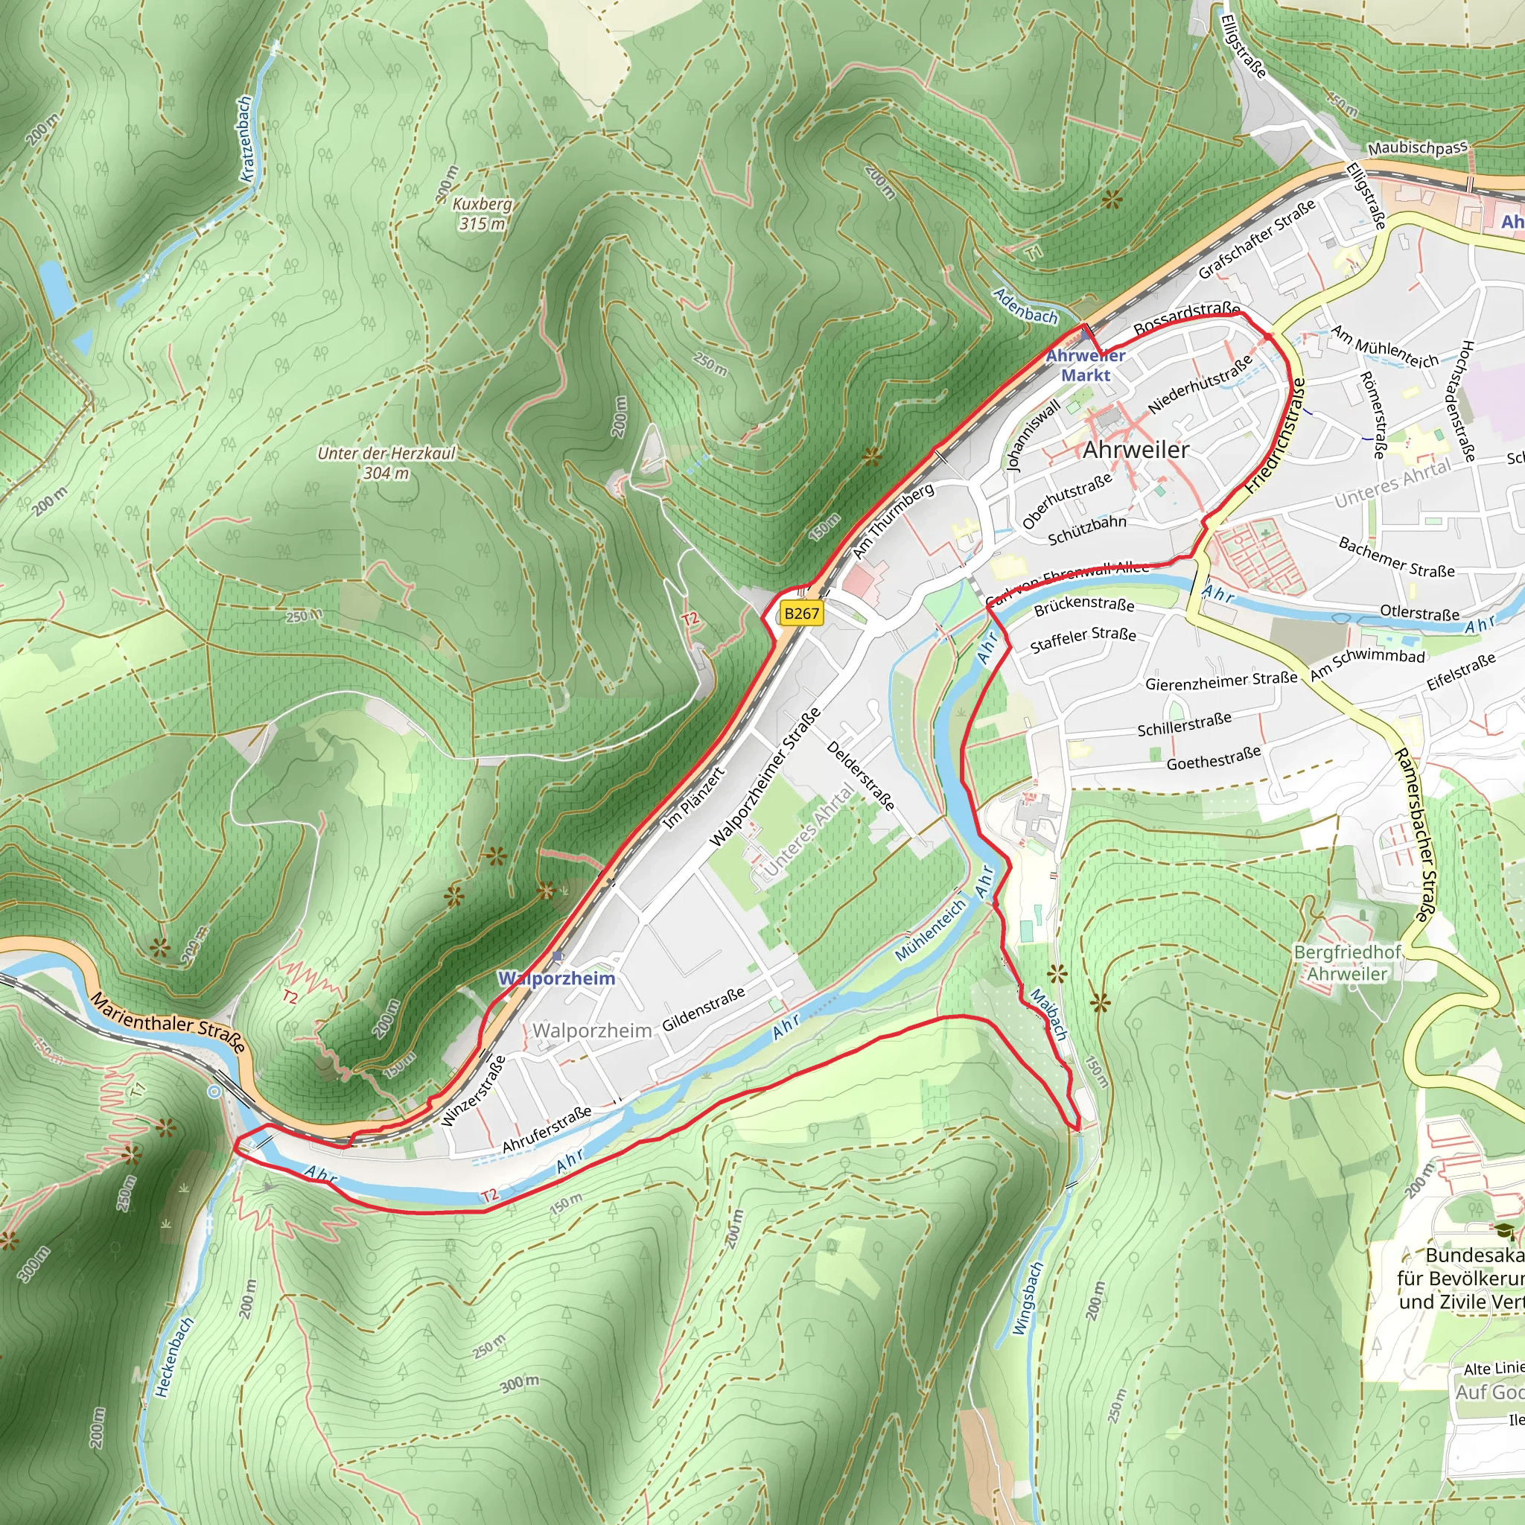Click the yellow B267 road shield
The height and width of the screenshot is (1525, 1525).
point(801,614)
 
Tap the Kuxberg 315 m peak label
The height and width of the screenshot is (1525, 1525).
point(483,213)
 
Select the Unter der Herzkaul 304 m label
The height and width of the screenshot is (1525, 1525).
point(386,463)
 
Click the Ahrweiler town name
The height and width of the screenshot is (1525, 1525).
point(1136,450)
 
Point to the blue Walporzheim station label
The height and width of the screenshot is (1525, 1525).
point(556,978)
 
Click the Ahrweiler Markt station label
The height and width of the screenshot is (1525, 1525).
point(1086,366)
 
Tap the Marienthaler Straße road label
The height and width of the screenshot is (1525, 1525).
point(168,1022)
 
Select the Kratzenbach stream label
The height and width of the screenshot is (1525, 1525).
point(246,139)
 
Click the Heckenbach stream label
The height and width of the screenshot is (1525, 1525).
point(174,1357)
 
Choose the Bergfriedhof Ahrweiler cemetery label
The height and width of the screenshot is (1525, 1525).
point(1347,963)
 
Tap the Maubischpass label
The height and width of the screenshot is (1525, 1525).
point(1418,147)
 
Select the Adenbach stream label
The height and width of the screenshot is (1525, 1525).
point(1025,306)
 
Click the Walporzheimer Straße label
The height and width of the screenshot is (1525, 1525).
point(765,777)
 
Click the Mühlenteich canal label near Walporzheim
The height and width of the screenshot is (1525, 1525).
point(931,931)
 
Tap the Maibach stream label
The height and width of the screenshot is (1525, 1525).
point(1049,1014)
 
